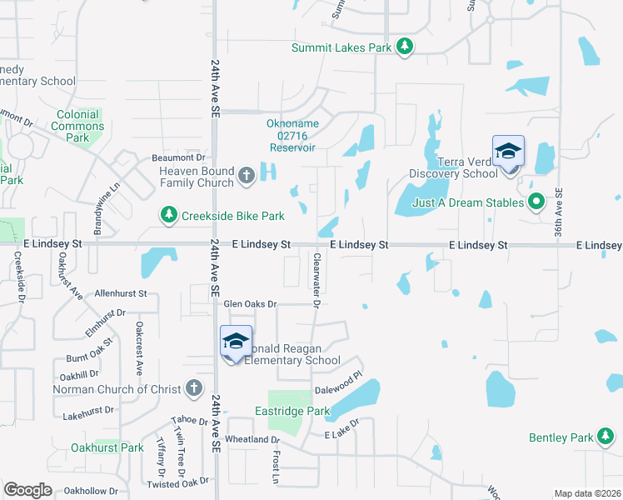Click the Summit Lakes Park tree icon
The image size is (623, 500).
405,47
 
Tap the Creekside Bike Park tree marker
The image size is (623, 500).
169,216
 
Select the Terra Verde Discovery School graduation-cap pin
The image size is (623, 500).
508,152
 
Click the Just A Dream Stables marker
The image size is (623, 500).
537,202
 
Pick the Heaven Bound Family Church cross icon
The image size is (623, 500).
246,176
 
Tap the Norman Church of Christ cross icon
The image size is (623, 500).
194,387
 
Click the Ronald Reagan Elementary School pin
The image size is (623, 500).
236,341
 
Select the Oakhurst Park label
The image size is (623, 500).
107,447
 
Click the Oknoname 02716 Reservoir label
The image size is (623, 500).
292,136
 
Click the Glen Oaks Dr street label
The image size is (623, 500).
248,304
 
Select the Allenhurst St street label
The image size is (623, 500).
120,293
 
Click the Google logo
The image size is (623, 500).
28,490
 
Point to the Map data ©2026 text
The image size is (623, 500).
586,493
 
